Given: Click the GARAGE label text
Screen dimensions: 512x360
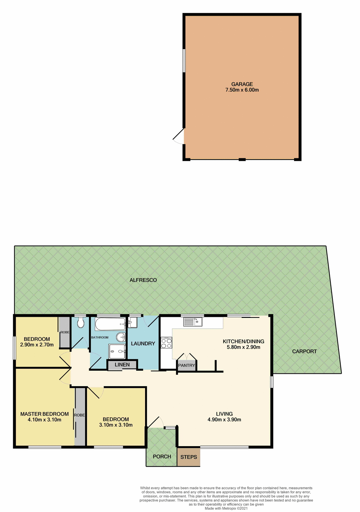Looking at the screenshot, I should pos(242,84).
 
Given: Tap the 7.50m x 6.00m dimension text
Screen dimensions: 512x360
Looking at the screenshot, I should pos(242,90).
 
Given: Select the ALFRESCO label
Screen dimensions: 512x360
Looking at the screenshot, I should pos(143,280).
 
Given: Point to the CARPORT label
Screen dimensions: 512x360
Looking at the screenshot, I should pos(304,351).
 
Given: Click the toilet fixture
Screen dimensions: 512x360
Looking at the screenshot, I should pos(80,323).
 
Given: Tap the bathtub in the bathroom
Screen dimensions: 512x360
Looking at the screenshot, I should pos(110,324).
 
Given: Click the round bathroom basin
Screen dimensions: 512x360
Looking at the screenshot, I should pos(121,337).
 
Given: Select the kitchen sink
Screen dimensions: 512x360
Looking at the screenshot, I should pos(193,322).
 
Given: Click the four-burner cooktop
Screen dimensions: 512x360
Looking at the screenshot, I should pos(166,343).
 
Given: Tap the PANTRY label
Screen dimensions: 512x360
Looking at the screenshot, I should pos(186,365).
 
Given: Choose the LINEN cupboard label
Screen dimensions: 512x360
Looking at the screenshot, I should pos(122,365).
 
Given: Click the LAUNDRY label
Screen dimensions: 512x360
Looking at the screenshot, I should pos(143,344).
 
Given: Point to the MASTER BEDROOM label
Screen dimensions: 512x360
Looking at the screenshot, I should pos(45,414).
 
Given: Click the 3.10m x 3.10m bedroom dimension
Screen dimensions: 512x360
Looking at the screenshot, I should pos(116,425).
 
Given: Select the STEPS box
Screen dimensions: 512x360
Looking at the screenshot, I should pos(189,457).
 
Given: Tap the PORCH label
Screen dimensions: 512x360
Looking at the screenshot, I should pos(162,457).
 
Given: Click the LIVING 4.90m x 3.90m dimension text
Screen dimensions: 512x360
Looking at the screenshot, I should pos(224,420).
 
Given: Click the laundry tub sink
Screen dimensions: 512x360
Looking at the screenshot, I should pos(133,322).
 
